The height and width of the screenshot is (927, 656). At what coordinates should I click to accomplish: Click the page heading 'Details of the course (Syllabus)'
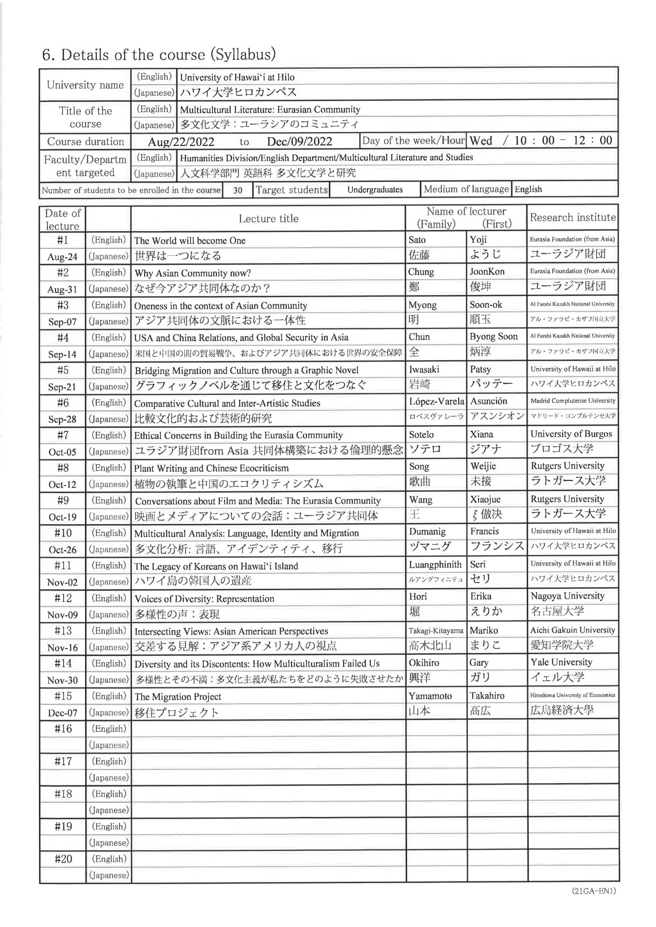(159, 55)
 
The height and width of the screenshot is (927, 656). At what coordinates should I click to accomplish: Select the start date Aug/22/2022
(181, 142)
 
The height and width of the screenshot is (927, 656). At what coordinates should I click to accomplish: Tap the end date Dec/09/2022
(299, 142)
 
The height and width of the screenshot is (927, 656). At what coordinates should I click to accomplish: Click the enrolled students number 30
(238, 190)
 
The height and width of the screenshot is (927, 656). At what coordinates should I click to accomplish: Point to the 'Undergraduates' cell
(375, 190)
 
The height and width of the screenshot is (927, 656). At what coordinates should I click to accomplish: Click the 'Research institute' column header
(572, 218)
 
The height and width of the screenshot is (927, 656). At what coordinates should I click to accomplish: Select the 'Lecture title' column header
(268, 219)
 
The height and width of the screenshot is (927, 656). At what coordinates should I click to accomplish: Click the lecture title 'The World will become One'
(190, 241)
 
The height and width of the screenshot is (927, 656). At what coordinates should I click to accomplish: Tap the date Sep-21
(62, 387)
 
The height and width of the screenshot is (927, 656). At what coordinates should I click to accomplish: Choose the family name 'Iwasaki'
(424, 369)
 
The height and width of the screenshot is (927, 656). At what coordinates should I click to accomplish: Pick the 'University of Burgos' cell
(571, 434)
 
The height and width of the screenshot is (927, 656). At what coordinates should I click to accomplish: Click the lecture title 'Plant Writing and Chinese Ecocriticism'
(211, 468)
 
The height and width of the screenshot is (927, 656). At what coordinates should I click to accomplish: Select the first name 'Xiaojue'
(485, 499)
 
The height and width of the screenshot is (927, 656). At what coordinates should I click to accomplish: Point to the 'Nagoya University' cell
(567, 596)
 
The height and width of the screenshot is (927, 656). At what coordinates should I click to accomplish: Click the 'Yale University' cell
(561, 662)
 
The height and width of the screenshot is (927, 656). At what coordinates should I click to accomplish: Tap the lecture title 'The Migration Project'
(178, 696)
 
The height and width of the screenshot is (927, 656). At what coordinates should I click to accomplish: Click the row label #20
(63, 859)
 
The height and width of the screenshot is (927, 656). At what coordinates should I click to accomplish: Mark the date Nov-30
(63, 680)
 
